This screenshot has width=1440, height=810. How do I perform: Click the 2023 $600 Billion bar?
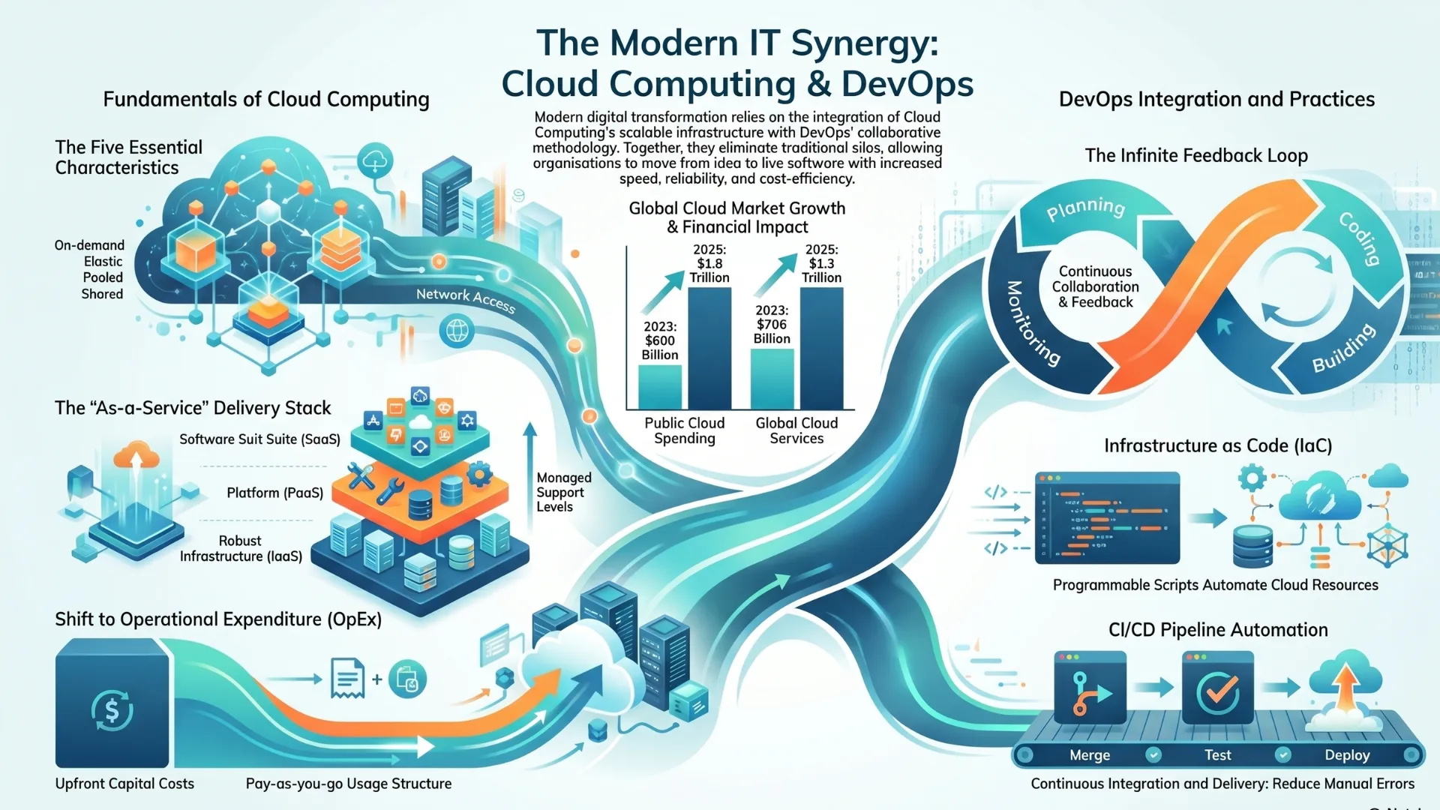tap(660, 386)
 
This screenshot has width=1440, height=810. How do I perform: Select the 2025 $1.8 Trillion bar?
tap(709, 348)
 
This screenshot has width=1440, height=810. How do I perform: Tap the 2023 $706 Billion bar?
tap(772, 379)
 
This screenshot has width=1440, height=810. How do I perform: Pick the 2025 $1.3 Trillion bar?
tap(821, 348)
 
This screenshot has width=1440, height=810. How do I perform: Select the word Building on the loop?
tap(1344, 348)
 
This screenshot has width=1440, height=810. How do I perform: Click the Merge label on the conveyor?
tap(1090, 755)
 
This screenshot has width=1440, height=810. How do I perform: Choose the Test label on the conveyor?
tap(1218, 755)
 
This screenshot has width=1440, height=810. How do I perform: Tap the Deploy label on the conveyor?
tap(1347, 755)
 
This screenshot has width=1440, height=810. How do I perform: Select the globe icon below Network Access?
tap(457, 330)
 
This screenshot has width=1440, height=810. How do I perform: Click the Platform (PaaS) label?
tap(275, 493)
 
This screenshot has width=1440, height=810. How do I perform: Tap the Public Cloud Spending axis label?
tap(685, 430)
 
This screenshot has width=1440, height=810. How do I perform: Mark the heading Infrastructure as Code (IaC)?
tap(1218, 445)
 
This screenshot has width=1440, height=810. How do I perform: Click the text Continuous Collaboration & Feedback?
tap(1096, 286)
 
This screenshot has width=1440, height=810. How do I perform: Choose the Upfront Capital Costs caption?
tap(124, 784)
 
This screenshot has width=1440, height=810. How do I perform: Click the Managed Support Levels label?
tap(564, 492)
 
